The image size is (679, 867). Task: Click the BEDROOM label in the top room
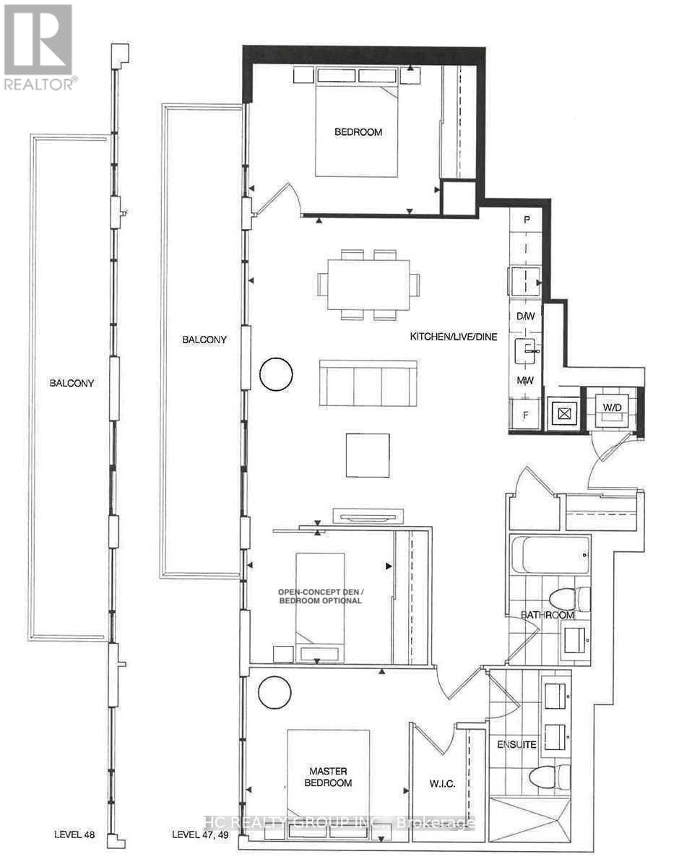pos(358,132)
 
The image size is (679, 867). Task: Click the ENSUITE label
pos(516,744)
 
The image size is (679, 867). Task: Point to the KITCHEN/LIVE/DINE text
pos(454,337)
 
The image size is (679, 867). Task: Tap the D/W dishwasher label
pos(525,316)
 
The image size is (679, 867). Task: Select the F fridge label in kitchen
pos(525,416)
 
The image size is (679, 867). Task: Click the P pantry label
pos(527,220)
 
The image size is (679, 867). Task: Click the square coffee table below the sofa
pos(368,455)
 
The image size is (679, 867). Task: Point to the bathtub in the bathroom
pos(549,554)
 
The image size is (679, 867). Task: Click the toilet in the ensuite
pos(549,778)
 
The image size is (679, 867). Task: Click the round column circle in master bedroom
pos(276,693)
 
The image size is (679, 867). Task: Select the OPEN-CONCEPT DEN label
pos(320,595)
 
